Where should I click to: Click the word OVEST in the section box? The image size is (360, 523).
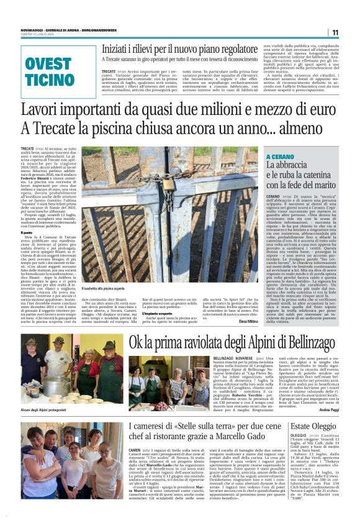pos(48,65)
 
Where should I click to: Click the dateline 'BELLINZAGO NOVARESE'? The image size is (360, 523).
pos(232,359)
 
